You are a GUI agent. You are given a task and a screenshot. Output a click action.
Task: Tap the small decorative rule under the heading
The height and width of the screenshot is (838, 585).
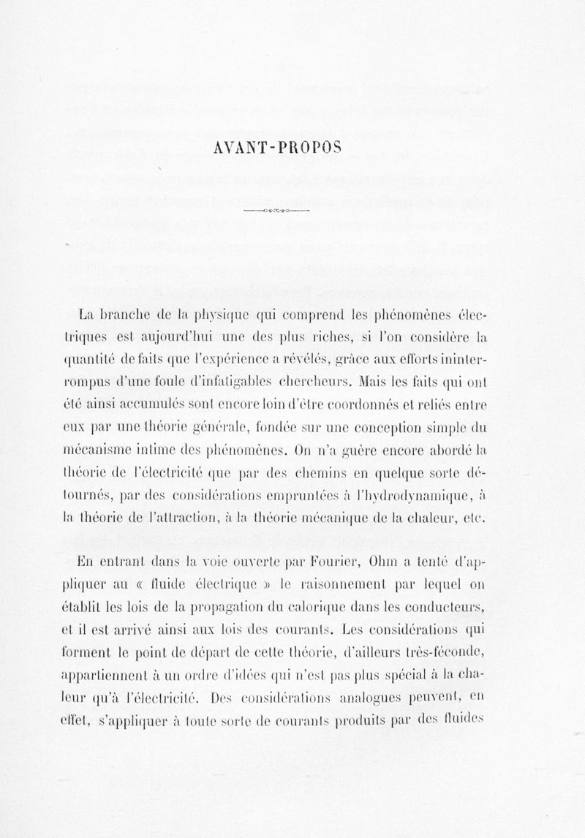(x=278, y=211)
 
